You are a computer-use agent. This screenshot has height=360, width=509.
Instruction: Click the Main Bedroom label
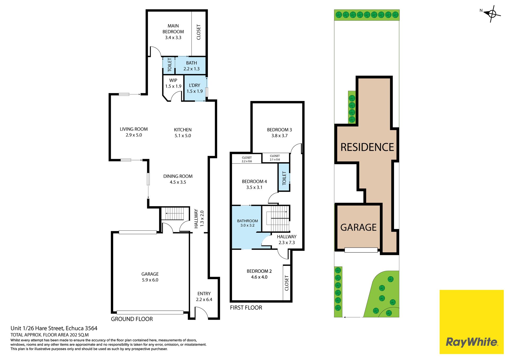pyautogui.click(x=173, y=32)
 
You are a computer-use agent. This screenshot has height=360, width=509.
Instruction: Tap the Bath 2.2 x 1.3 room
pyautogui.click(x=190, y=66)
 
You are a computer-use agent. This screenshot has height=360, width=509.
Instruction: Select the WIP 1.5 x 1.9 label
pyautogui.click(x=173, y=83)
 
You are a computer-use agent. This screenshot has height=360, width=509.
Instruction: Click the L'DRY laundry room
pyautogui.click(x=195, y=88)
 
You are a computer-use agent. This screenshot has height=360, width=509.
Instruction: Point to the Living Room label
pyautogui.click(x=134, y=132)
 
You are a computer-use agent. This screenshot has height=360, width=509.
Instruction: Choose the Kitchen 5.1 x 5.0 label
pyautogui.click(x=183, y=133)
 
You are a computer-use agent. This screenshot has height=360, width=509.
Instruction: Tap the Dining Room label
pyautogui.click(x=178, y=179)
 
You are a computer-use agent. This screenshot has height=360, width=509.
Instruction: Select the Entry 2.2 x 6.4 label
pyautogui.click(x=204, y=297)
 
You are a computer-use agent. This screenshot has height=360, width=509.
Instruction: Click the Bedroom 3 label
pyautogui.click(x=279, y=133)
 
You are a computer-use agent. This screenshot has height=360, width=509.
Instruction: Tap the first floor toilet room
pyautogui.click(x=284, y=177)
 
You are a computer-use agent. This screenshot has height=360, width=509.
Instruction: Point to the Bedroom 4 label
pyautogui.click(x=254, y=184)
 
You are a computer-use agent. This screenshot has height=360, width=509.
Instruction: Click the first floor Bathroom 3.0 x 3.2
pyautogui.click(x=247, y=227)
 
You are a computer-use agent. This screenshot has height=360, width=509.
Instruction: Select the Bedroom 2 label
pyautogui.click(x=259, y=274)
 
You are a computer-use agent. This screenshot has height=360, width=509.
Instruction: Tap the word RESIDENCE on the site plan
pyautogui.click(x=367, y=147)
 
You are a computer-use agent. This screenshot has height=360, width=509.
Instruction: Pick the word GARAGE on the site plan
pyautogui.click(x=358, y=227)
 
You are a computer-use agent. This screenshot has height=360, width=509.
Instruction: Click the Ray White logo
pyautogui.click(x=472, y=322)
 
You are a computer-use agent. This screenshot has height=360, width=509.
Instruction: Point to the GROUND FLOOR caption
pyautogui.click(x=132, y=319)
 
